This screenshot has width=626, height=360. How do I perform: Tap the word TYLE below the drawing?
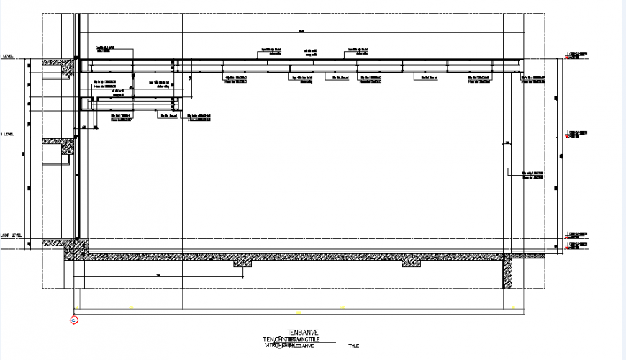coord(353,346)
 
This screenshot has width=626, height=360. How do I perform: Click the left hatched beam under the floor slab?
coord(243,264)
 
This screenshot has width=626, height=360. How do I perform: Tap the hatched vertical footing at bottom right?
coord(507,272)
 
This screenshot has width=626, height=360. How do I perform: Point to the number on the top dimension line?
coord(302,30)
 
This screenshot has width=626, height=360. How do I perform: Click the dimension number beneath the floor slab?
coord(157,276)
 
